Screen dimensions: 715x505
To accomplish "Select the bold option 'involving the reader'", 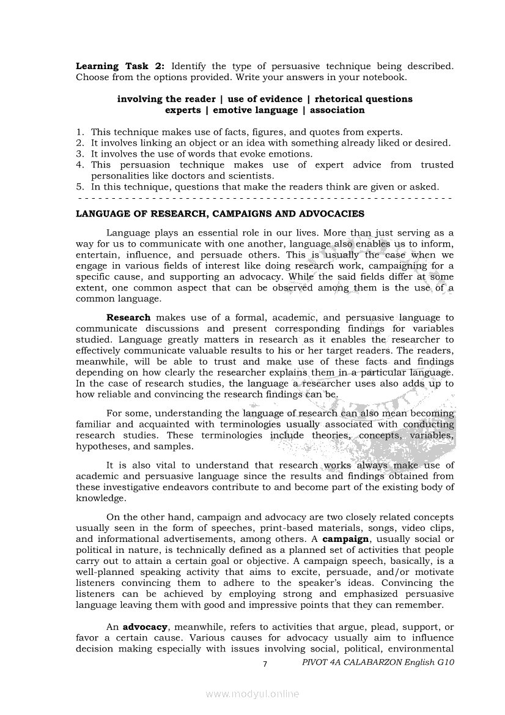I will pyautogui.click(x=166, y=99).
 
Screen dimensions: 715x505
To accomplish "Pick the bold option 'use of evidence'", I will pyautogui.click(x=265, y=99).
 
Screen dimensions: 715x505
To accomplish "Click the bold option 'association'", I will pyautogui.click(x=337, y=111).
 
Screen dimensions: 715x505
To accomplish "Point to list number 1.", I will pyautogui.click(x=79, y=132).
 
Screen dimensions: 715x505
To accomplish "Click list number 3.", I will pyautogui.click(x=79, y=154).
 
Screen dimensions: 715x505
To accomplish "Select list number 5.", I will pyautogui.click(x=79, y=187).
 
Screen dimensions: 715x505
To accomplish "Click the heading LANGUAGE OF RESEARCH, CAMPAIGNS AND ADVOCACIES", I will pyautogui.click(x=219, y=214).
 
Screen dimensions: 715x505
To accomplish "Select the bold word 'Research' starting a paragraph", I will pyautogui.click(x=128, y=317).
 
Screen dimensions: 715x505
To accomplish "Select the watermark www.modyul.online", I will pyautogui.click(x=253, y=694).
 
